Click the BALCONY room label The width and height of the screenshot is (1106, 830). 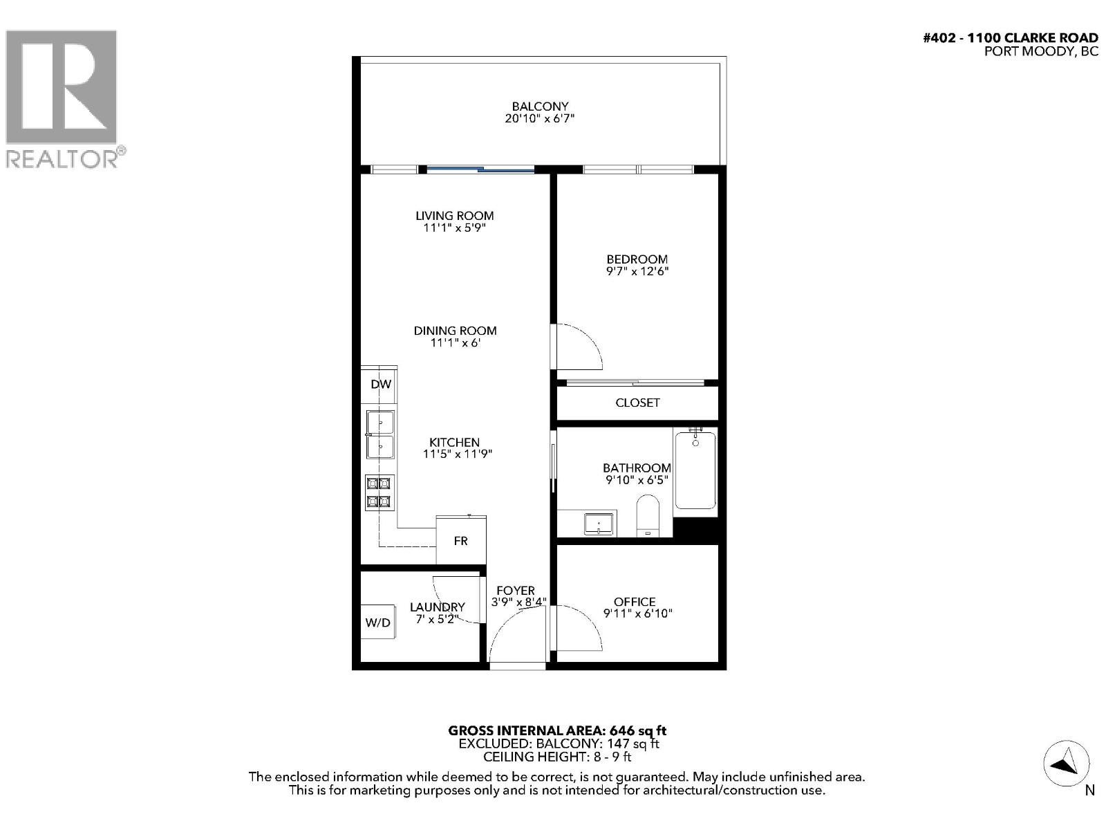tap(540, 107)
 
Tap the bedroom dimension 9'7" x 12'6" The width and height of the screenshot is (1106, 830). tap(637, 271)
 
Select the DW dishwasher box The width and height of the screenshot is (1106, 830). tap(380, 385)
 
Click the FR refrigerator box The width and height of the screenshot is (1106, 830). tap(461, 540)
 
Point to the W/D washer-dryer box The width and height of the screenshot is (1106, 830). tap(377, 622)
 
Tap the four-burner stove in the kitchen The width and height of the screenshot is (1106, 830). tap(379, 492)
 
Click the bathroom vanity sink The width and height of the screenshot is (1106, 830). tap(599, 524)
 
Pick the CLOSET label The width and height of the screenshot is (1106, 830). tap(637, 403)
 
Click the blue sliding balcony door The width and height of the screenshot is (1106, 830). tap(480, 169)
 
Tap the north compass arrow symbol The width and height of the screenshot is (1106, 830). tap(1066, 764)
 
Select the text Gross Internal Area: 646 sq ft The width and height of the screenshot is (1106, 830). tap(557, 730)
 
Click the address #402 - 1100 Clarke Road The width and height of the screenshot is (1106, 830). tap(1010, 38)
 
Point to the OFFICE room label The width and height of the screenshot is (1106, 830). tap(635, 602)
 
